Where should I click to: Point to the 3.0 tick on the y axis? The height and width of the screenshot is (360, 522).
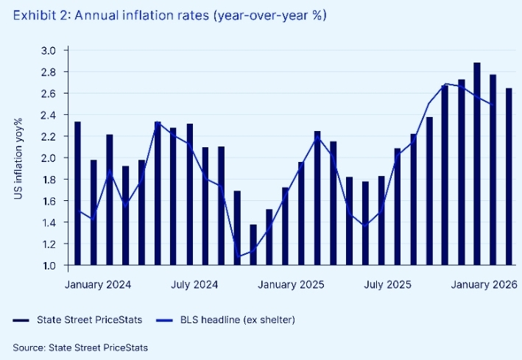tap(54, 50)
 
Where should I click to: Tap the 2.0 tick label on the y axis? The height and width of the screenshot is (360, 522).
tap(54, 158)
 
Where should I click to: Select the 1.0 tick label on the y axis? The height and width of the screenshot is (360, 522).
tap(54, 265)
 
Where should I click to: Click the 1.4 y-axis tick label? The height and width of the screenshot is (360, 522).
tap(54, 222)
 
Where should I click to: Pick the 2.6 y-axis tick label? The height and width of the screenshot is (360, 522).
tap(54, 93)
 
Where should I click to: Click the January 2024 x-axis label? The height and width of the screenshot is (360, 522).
tap(97, 284)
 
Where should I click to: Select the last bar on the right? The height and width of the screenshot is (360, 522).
tap(509, 177)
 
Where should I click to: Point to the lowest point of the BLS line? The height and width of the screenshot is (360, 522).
tap(238, 256)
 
